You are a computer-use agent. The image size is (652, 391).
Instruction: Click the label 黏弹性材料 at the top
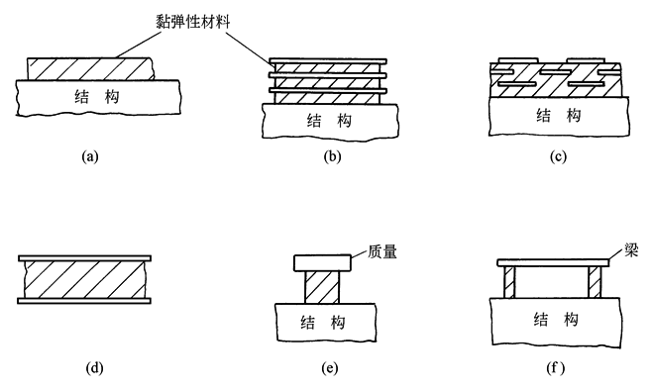193,21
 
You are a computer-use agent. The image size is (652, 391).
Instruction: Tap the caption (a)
90,156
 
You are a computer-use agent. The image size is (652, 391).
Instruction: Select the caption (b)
332,156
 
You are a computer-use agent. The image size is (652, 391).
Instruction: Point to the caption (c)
558,156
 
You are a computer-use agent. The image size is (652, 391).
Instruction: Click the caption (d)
94,368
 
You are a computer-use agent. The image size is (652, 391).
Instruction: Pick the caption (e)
330,368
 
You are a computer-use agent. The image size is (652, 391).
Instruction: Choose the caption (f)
556,368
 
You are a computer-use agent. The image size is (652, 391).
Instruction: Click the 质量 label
382,251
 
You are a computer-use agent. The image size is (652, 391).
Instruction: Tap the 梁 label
631,250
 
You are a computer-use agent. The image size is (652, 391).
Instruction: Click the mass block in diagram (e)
323,263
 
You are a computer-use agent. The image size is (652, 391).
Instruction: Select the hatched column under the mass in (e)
322,287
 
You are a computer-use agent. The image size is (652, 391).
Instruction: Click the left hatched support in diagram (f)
509,282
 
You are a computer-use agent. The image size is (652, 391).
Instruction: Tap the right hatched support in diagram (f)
596,282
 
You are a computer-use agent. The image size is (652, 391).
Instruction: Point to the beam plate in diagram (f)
554,262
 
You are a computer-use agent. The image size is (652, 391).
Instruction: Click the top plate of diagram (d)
84,258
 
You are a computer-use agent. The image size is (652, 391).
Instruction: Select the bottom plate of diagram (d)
84,301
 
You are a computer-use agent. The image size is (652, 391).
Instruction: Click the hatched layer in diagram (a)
90,69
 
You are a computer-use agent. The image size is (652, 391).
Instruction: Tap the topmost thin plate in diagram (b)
329,61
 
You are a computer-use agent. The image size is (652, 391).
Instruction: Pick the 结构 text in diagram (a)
97,96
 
